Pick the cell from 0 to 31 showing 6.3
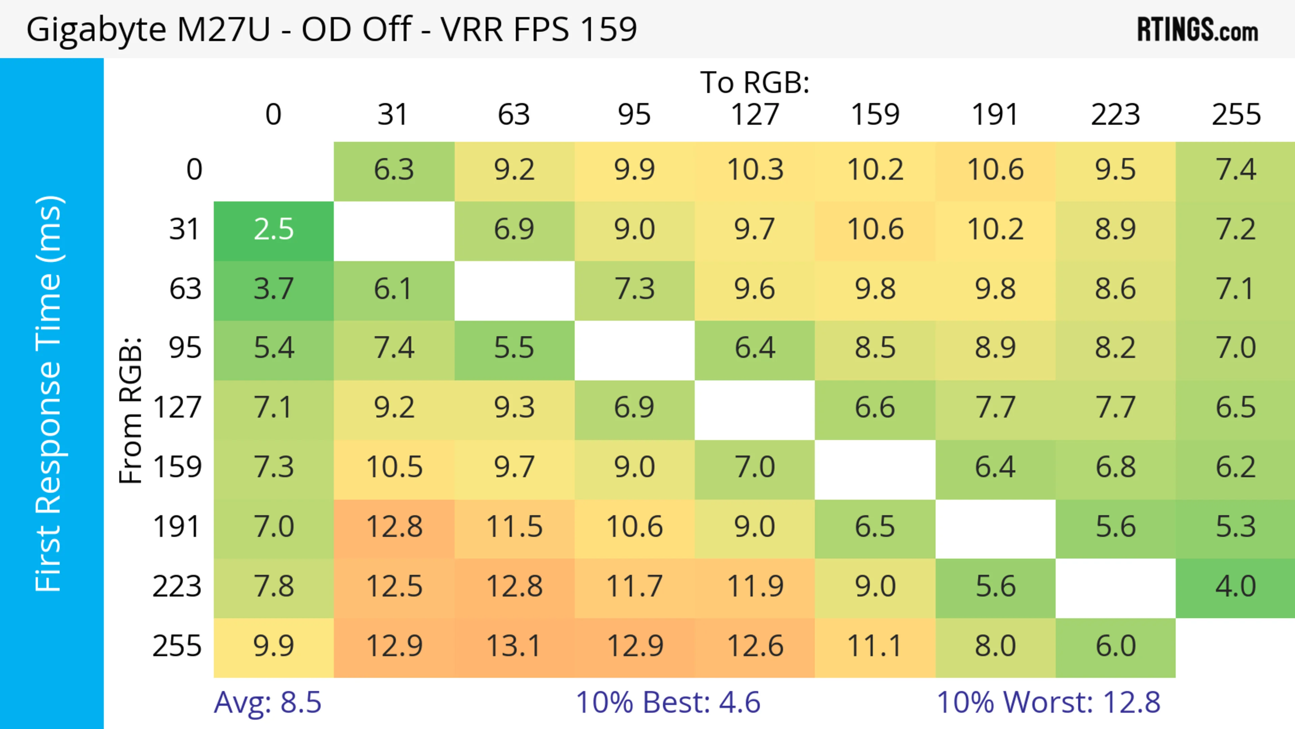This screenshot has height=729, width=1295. point(394,170)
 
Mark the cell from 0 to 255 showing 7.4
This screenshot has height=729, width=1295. point(1235,170)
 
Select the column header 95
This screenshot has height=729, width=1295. point(634,115)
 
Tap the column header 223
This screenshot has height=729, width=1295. point(1115,115)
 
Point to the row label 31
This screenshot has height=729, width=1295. point(185,230)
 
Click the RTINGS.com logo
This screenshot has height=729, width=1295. point(1198,30)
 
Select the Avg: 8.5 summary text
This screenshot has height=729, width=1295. point(267,702)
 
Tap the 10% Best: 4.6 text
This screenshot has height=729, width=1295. point(668,702)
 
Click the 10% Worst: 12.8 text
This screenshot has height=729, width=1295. point(1048,702)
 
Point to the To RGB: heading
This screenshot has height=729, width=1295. point(755,82)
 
